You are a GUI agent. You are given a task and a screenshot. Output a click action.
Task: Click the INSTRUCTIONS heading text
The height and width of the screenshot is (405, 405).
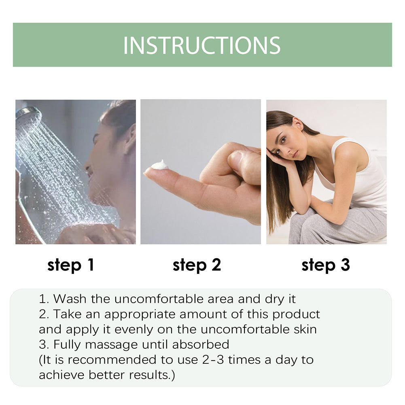(202, 45)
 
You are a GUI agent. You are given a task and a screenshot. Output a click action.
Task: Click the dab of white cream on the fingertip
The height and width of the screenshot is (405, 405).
(160, 165)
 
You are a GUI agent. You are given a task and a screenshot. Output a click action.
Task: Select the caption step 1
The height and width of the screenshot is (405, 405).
(70, 265)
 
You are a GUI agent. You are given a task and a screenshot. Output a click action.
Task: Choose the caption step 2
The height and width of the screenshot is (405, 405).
(197, 265)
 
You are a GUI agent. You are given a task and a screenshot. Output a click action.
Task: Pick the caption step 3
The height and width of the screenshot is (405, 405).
(325, 265)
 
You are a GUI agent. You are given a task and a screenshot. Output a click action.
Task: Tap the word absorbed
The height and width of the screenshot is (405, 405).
(201, 345)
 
